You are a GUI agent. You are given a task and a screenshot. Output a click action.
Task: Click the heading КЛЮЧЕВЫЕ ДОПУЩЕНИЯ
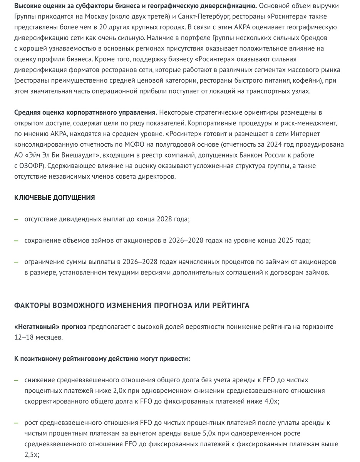[54, 198]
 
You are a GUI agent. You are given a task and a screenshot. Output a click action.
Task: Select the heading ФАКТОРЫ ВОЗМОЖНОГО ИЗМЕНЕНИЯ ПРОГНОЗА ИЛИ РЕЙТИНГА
[132, 305]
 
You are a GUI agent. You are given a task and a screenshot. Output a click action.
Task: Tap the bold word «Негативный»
[37, 327]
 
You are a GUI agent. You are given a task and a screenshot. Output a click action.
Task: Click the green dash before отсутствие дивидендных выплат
[16, 219]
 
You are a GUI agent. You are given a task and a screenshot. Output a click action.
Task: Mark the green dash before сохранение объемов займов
[16, 240]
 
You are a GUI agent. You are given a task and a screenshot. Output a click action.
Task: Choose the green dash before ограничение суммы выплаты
[16, 262]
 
